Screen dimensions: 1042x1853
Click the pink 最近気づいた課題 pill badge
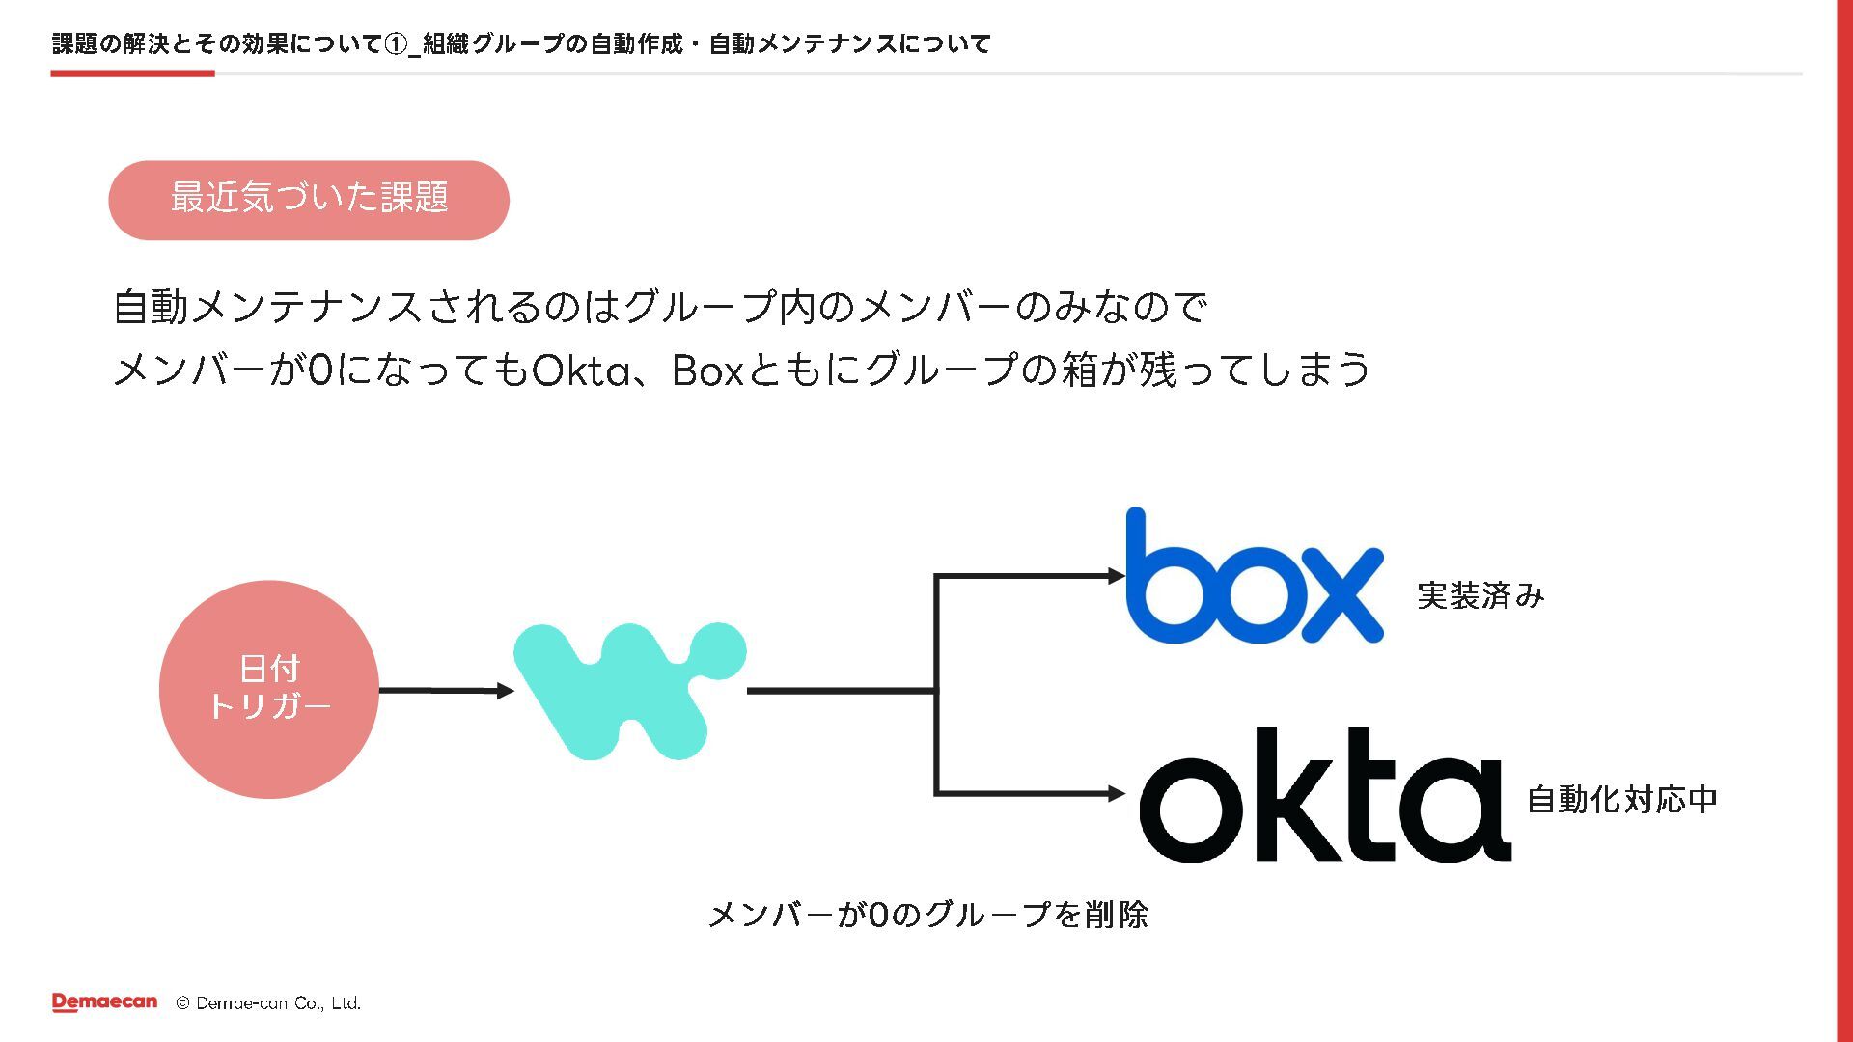pyautogui.click(x=309, y=200)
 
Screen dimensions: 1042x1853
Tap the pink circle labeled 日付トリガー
pyautogui.click(x=269, y=689)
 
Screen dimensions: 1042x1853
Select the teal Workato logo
pyautogui.click(x=629, y=691)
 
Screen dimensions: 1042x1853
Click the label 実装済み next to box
pyautogui.click(x=1480, y=595)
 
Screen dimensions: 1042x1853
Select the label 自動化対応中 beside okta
pyautogui.click(x=1621, y=799)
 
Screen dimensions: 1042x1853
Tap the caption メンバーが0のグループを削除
pyautogui.click(x=927, y=914)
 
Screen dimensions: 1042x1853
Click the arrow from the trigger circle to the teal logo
pyautogui.click(x=445, y=691)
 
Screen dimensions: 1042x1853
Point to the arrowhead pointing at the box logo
pyautogui.click(x=1117, y=576)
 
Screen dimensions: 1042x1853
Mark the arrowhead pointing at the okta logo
pyautogui.click(x=1117, y=794)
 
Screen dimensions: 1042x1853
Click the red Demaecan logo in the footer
pyautogui.click(x=104, y=1002)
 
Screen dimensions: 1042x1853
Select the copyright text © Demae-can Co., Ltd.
pyautogui.click(x=268, y=1003)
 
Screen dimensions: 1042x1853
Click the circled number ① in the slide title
pyautogui.click(x=396, y=44)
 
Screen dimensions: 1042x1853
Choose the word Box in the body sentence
pyautogui.click(x=707, y=370)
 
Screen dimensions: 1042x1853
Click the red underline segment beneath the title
pyautogui.click(x=132, y=73)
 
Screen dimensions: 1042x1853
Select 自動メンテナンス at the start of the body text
pyautogui.click(x=267, y=307)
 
